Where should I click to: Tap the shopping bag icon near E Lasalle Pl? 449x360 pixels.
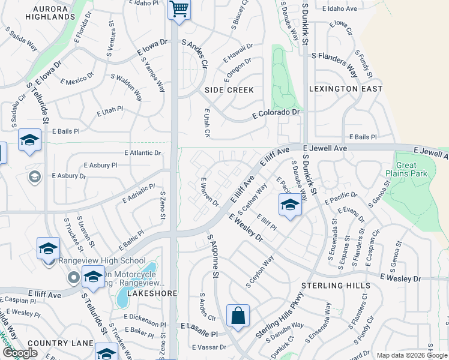click(238, 316)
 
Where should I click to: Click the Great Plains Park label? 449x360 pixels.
click(406, 170)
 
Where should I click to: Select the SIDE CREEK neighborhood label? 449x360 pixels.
click(229, 90)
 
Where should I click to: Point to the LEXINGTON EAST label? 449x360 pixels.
click(345, 89)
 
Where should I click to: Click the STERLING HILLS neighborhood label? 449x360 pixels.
click(334, 286)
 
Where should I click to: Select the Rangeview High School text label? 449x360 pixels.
click(102, 260)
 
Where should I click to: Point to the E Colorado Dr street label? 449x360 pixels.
click(276, 112)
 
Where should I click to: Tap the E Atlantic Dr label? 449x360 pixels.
click(143, 153)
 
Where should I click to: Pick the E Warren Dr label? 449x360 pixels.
click(209, 192)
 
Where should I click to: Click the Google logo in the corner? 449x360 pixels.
click(20, 353)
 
